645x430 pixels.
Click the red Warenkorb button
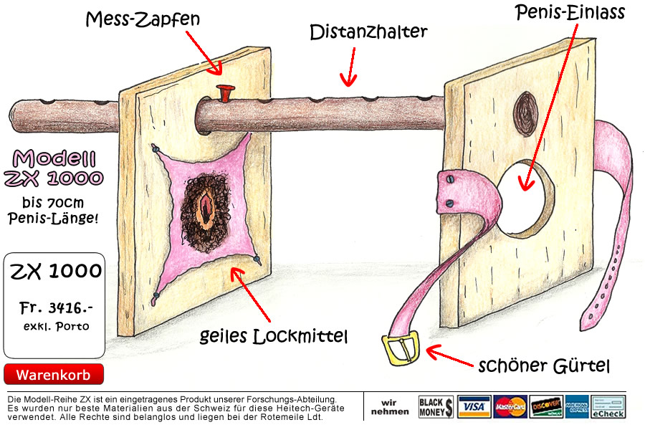click(x=54, y=374)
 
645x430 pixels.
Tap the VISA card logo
click(x=474, y=407)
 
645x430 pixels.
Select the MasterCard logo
click(x=510, y=407)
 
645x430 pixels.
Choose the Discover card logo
click(x=546, y=407)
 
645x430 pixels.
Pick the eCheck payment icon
click(x=608, y=407)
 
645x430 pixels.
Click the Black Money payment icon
click(x=436, y=407)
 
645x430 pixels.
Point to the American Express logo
click(x=577, y=407)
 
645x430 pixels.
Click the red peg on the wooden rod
click(x=225, y=93)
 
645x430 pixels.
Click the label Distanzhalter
click(x=368, y=32)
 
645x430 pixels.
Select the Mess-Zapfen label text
click(x=143, y=19)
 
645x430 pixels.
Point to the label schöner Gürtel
click(x=544, y=365)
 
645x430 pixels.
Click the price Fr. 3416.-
click(x=56, y=307)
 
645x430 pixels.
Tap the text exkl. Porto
click(x=56, y=326)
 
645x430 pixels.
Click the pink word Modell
click(x=54, y=159)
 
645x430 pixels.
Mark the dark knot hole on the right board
click(x=526, y=114)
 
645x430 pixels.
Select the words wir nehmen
click(x=390, y=407)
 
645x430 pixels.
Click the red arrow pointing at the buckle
click(x=449, y=355)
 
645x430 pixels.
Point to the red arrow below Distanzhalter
click(x=350, y=67)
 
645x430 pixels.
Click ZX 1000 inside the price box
click(x=55, y=271)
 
